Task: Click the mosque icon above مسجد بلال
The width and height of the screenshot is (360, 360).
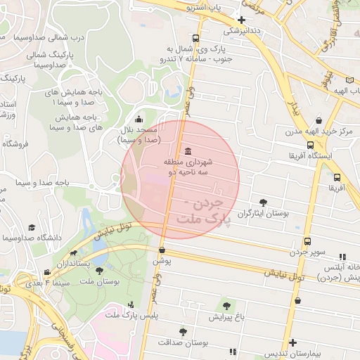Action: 139,119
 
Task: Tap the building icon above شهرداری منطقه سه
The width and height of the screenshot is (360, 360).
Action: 187,152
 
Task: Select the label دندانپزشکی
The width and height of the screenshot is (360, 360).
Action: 241,31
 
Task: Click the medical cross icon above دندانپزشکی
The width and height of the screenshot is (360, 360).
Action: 242,20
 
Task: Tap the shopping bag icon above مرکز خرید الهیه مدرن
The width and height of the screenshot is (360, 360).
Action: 320,120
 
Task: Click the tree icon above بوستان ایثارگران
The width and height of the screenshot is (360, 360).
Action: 264,202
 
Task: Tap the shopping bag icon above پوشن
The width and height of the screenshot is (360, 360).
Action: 162,250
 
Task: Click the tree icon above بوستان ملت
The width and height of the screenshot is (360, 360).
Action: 98,270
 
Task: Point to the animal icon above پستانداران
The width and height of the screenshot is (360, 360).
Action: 73,252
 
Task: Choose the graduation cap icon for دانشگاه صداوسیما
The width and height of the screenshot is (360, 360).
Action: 31,227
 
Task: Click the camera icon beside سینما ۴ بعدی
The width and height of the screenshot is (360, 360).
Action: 46,272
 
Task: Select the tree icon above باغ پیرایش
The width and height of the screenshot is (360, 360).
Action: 226,306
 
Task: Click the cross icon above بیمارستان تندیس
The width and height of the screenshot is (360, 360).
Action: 292,342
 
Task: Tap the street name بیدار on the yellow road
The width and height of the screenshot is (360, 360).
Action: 296,106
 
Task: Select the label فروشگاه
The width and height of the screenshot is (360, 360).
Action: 15,143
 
